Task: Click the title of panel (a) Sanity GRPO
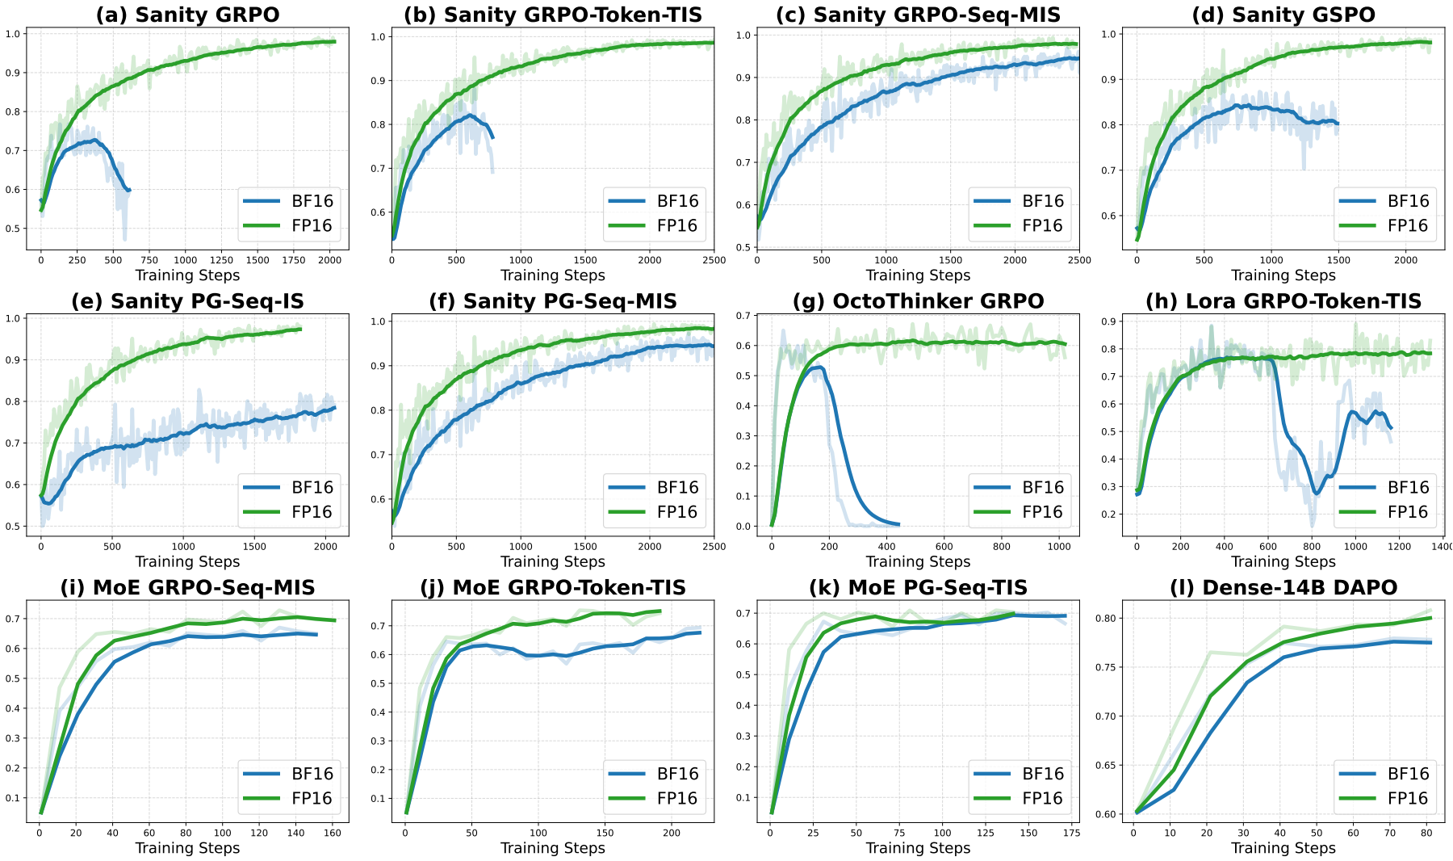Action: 186,15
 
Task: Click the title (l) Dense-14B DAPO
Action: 1283,587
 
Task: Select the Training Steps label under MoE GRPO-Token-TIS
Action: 552,848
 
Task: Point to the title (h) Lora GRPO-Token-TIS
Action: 1283,301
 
